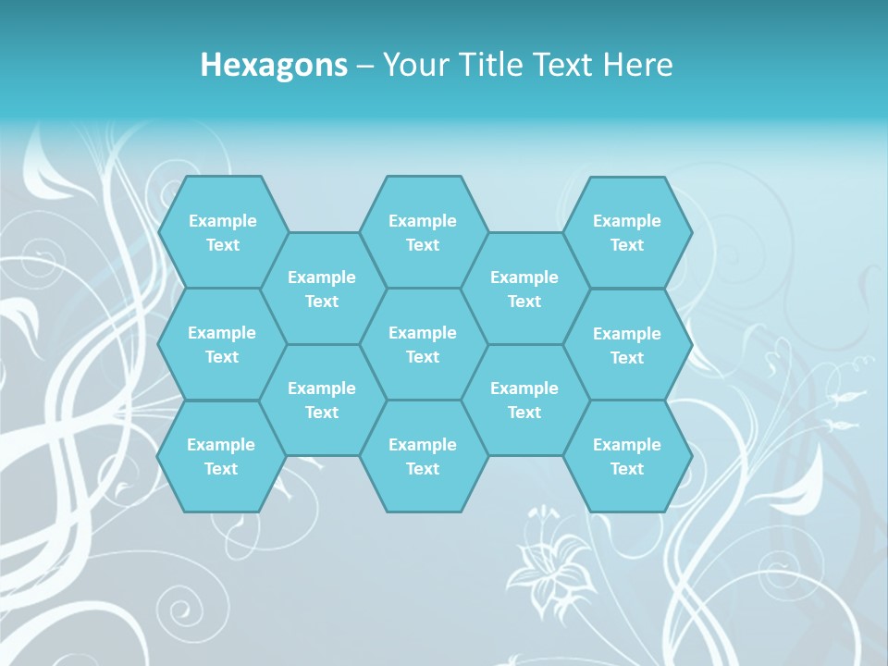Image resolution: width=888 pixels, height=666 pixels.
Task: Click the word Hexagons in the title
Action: tap(274, 65)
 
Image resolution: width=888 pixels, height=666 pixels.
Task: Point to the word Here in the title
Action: tap(638, 65)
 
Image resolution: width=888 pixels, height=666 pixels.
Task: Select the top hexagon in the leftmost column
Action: tap(222, 232)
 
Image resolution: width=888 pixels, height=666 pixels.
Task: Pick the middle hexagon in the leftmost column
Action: tap(222, 344)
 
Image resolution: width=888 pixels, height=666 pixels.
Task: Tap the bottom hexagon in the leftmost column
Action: tap(221, 456)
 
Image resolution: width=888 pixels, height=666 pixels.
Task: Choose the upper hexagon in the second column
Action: tap(322, 289)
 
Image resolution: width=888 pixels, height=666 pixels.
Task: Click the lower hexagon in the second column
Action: tap(322, 400)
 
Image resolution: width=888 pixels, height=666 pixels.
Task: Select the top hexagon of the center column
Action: tap(423, 232)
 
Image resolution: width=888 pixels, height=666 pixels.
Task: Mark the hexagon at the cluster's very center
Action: tap(423, 344)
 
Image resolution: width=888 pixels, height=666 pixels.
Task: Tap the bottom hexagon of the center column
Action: tap(423, 456)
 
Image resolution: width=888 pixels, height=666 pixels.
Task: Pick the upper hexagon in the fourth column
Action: tap(524, 289)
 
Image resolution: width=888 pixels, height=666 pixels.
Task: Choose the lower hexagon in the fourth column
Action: tap(524, 400)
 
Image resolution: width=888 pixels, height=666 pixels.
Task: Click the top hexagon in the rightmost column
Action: tap(627, 232)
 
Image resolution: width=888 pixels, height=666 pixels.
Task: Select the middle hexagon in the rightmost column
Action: tap(627, 345)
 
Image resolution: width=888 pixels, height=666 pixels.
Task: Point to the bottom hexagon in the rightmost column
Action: tap(627, 456)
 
